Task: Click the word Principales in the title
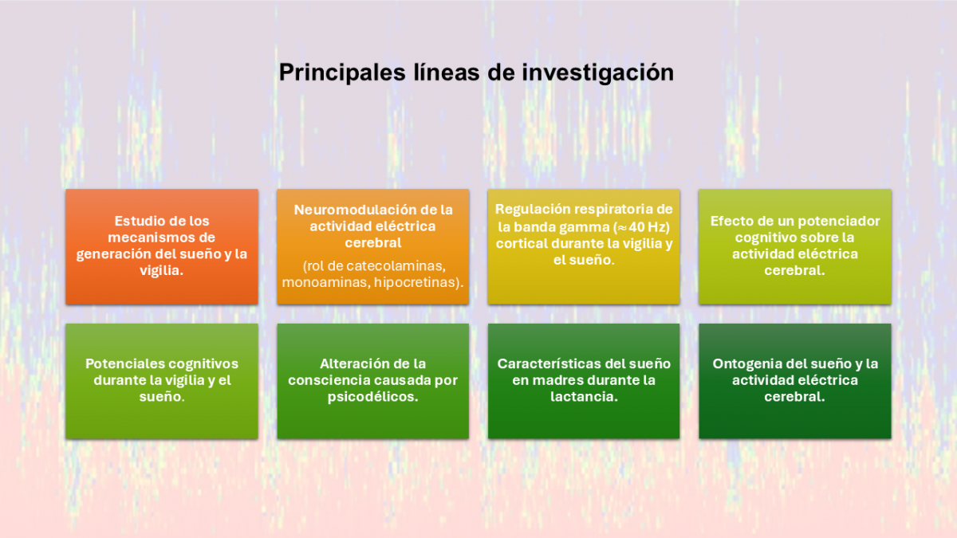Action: click(342, 73)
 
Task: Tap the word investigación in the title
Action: click(597, 73)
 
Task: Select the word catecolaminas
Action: click(396, 266)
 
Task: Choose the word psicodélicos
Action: click(372, 397)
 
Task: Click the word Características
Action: click(549, 363)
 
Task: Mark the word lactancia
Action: click(584, 397)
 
